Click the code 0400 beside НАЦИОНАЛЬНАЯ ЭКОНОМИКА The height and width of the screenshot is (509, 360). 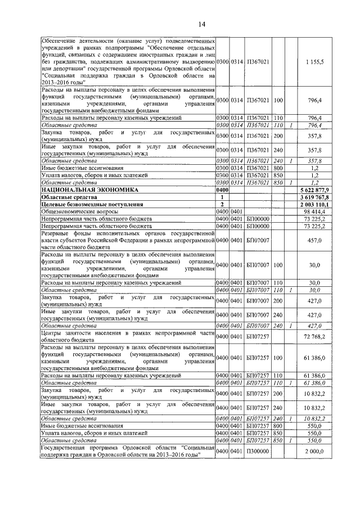pyautogui.click(x=223, y=191)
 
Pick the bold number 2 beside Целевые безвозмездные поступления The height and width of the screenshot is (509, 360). pyautogui.click(x=223, y=204)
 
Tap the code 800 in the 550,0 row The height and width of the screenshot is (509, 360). pyautogui.click(x=277, y=427)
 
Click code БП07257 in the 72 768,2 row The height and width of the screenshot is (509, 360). pyautogui.click(x=258, y=336)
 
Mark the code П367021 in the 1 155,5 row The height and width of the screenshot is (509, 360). pyautogui.click(x=258, y=61)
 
